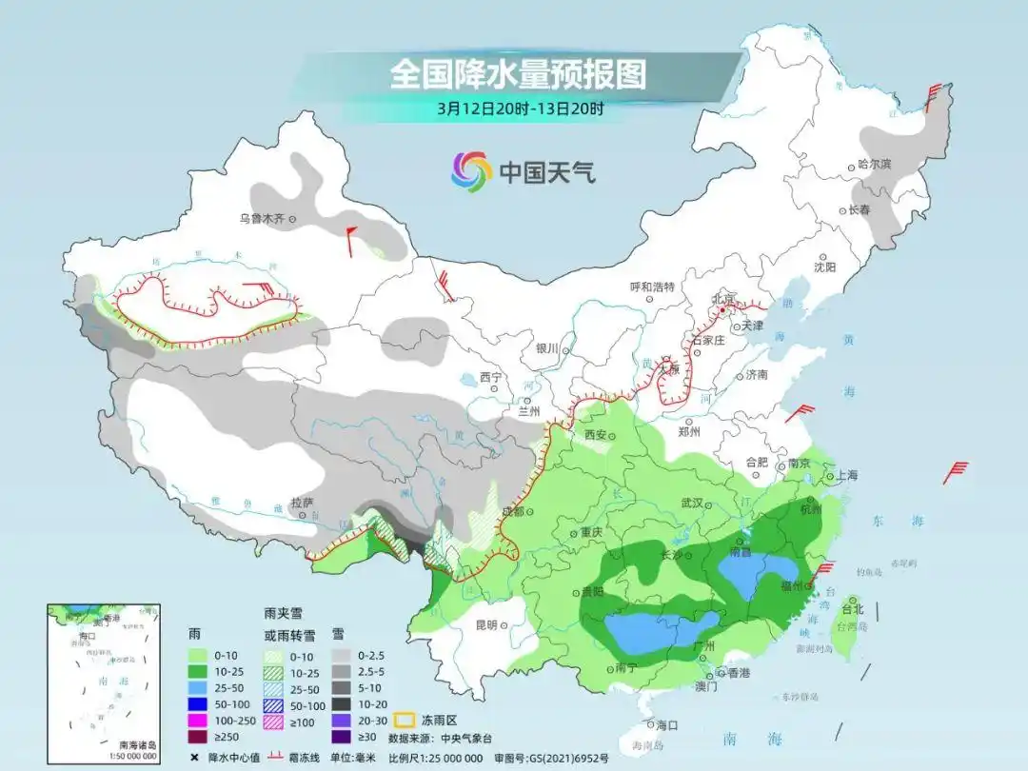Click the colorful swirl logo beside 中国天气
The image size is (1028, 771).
tap(470, 171)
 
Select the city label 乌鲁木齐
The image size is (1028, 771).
tap(262, 218)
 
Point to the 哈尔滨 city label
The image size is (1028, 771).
tap(874, 164)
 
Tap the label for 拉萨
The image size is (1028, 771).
tap(301, 502)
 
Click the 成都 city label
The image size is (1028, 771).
tap(512, 511)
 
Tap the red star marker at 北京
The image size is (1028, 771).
tap(722, 310)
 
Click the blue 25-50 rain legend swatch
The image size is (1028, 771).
tap(197, 685)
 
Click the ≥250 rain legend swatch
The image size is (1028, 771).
tap(197, 736)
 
